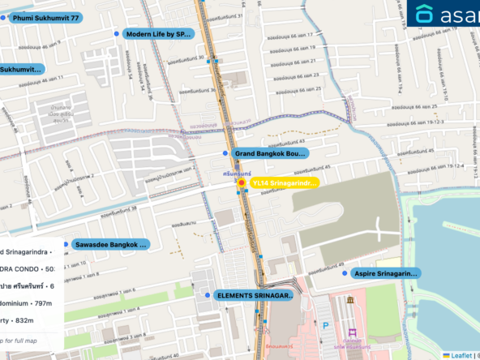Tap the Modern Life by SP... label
click(159, 34)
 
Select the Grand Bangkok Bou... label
click(270, 153)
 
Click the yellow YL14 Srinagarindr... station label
click(283, 183)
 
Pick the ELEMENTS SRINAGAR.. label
click(255, 296)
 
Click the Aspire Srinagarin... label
click(384, 274)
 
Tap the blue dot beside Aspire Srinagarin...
click(347, 274)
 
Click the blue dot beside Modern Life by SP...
click(118, 34)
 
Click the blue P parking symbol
click(326, 327)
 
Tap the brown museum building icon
click(351, 300)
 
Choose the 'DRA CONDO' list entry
click(28, 268)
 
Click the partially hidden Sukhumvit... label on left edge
click(21, 70)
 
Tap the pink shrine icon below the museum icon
click(353, 332)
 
